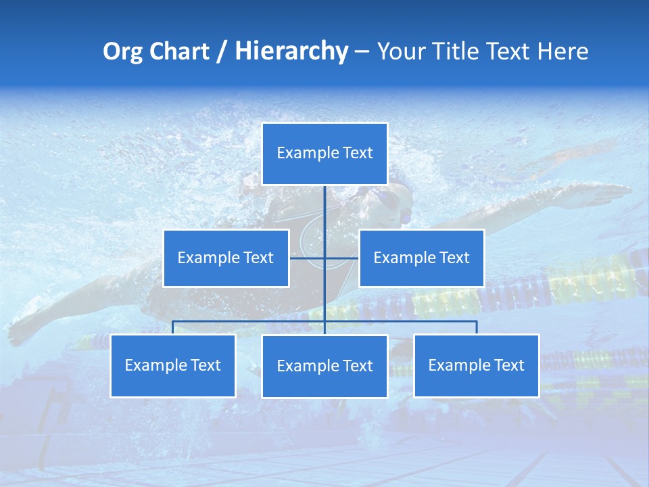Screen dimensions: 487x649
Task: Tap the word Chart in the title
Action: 175,51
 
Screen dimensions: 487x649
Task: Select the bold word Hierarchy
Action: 291,51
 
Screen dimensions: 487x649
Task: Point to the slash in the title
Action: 221,51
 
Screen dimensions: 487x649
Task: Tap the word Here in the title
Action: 562,51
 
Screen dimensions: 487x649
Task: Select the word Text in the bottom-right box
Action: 508,365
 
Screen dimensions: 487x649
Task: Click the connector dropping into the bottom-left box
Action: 173,327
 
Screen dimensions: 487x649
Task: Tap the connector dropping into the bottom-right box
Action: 477,327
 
